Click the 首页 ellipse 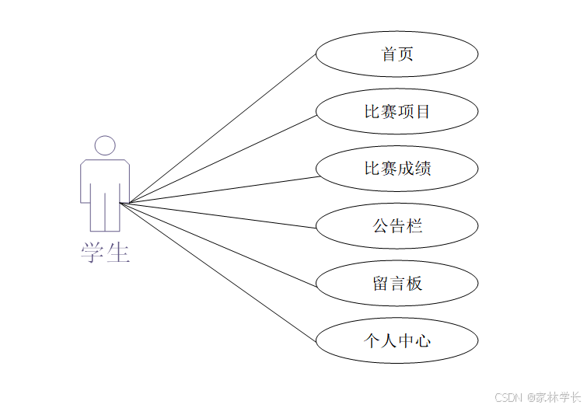click(397, 54)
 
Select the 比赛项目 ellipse click(397, 111)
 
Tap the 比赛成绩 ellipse click(397, 169)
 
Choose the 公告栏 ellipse click(397, 226)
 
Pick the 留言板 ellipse click(397, 284)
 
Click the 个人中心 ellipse click(397, 340)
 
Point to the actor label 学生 click(105, 252)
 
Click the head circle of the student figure click(105, 145)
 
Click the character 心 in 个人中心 click(422, 340)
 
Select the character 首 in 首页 click(388, 54)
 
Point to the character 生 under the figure click(118, 252)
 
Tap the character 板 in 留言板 click(414, 284)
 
